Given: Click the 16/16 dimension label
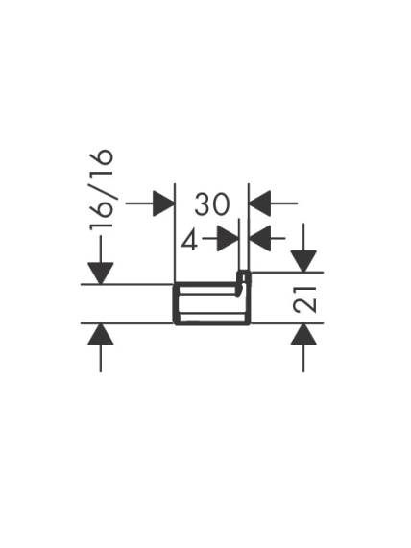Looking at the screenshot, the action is click(x=102, y=189).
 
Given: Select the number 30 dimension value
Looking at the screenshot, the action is click(x=212, y=203).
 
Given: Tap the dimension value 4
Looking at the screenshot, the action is click(x=189, y=239).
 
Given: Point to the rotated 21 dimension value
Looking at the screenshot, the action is click(x=304, y=299).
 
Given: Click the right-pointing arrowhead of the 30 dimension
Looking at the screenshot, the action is click(x=163, y=203).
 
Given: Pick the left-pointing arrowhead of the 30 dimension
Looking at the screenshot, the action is click(x=259, y=203).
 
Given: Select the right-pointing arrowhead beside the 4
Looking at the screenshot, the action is click(x=228, y=239).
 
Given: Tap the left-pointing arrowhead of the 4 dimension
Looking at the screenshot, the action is click(x=260, y=239).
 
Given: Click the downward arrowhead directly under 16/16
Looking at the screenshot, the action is click(x=101, y=274).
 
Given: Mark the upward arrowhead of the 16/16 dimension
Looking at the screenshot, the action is click(x=101, y=334).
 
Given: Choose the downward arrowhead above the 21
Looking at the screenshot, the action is click(x=303, y=261).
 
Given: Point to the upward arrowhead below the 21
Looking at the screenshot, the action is click(x=303, y=334).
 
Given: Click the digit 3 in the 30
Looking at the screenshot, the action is click(x=203, y=203).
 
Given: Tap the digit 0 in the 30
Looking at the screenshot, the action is click(x=222, y=203).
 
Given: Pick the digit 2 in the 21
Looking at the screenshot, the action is click(x=304, y=305).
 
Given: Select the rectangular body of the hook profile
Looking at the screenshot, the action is click(x=212, y=303).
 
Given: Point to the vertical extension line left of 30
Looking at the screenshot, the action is click(x=174, y=232).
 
